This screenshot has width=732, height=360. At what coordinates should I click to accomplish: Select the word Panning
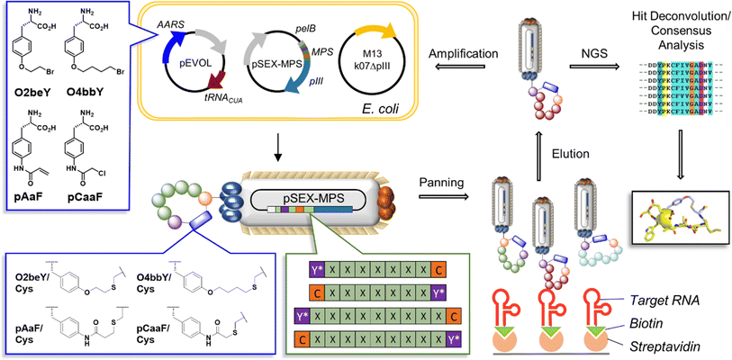click(x=442, y=181)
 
